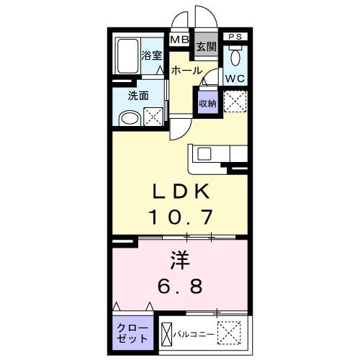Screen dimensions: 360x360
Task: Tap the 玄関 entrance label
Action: (206, 48)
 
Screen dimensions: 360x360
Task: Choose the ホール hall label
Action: (186, 71)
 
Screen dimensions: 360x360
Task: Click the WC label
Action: (235, 77)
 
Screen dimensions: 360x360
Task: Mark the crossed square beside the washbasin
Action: (153, 115)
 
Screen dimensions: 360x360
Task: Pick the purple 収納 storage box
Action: (207, 103)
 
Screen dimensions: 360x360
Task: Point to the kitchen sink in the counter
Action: (203, 153)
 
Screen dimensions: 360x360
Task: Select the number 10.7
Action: (181, 215)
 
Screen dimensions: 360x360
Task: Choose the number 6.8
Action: (180, 285)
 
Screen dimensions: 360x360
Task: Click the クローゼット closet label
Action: (132, 332)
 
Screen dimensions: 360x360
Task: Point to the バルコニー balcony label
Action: (193, 335)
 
